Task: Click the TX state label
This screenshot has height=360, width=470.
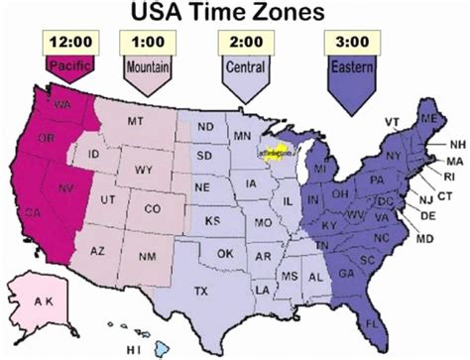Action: (x=201, y=291)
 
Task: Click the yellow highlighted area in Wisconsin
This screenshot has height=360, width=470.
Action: (x=270, y=156)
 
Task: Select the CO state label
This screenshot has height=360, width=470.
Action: (x=152, y=209)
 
